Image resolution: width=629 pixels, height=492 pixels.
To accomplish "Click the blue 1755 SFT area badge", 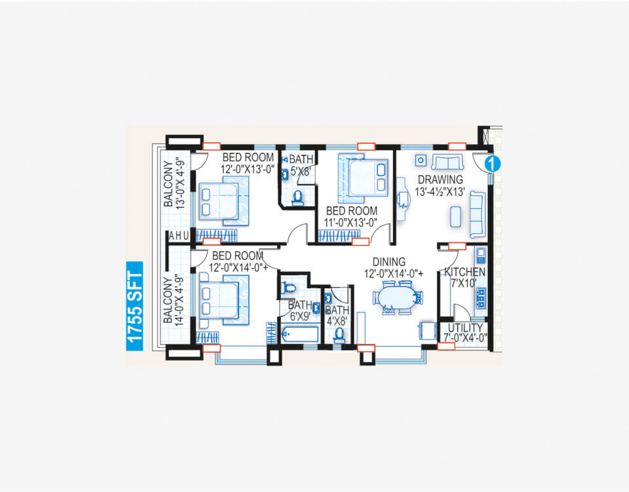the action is [x=134, y=306].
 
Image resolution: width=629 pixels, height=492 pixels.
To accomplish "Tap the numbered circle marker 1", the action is [x=493, y=164].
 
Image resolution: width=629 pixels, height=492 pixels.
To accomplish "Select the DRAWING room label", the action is [x=440, y=180].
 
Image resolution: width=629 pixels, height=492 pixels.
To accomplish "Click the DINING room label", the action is [x=389, y=262].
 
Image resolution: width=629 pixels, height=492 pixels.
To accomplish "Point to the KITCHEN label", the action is [x=465, y=272].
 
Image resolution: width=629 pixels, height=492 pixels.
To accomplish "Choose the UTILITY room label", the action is [x=465, y=328].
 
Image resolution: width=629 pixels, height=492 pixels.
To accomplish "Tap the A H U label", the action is [x=178, y=237].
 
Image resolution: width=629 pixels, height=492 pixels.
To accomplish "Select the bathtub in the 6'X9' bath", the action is [x=300, y=334].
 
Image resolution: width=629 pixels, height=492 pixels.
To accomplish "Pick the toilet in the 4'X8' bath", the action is [x=339, y=335].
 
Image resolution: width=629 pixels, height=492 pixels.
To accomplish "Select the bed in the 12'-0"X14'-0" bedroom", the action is [x=224, y=300].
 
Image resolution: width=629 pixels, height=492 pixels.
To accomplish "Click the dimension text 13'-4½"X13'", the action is [x=440, y=192].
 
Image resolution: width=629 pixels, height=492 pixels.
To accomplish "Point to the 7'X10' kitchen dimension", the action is [x=463, y=283].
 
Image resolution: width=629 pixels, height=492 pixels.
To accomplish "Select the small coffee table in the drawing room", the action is [x=455, y=216].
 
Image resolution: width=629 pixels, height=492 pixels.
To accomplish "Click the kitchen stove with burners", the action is [x=480, y=298].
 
